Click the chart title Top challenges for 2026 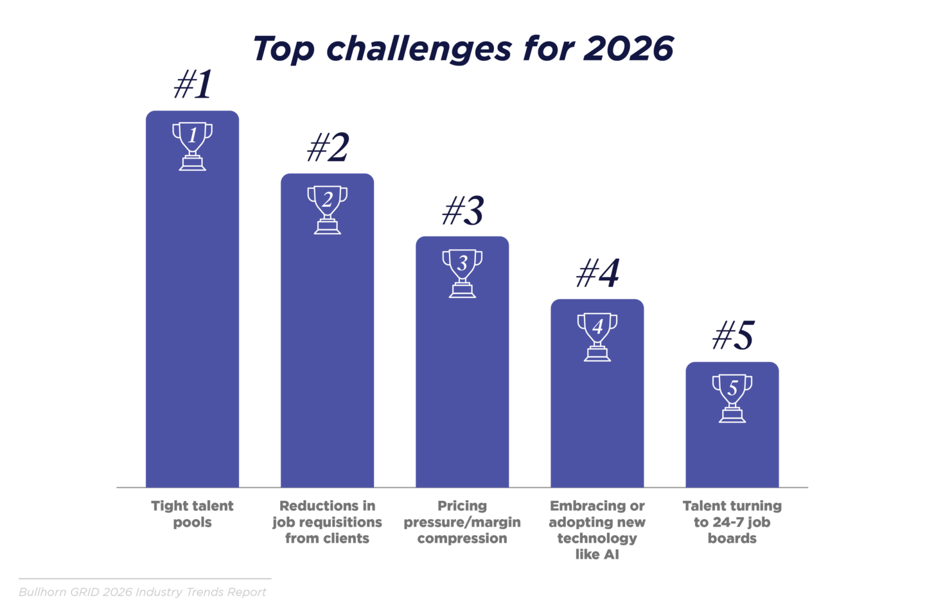pyautogui.click(x=463, y=49)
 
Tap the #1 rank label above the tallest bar pyautogui.click(x=193, y=85)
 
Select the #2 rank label pyautogui.click(x=328, y=148)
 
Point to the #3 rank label pyautogui.click(x=463, y=211)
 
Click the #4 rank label pyautogui.click(x=597, y=273)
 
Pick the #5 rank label pyautogui.click(x=732, y=336)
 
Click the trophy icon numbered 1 pyautogui.click(x=192, y=146)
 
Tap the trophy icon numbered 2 pyautogui.click(x=327, y=209)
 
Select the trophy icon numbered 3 pyautogui.click(x=462, y=273)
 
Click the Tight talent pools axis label pyautogui.click(x=192, y=514)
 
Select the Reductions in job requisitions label pyautogui.click(x=327, y=522)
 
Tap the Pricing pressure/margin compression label pyautogui.click(x=462, y=522)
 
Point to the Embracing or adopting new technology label pyautogui.click(x=597, y=530)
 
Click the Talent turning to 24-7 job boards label pyautogui.click(x=732, y=522)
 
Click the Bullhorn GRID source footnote pyautogui.click(x=142, y=592)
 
